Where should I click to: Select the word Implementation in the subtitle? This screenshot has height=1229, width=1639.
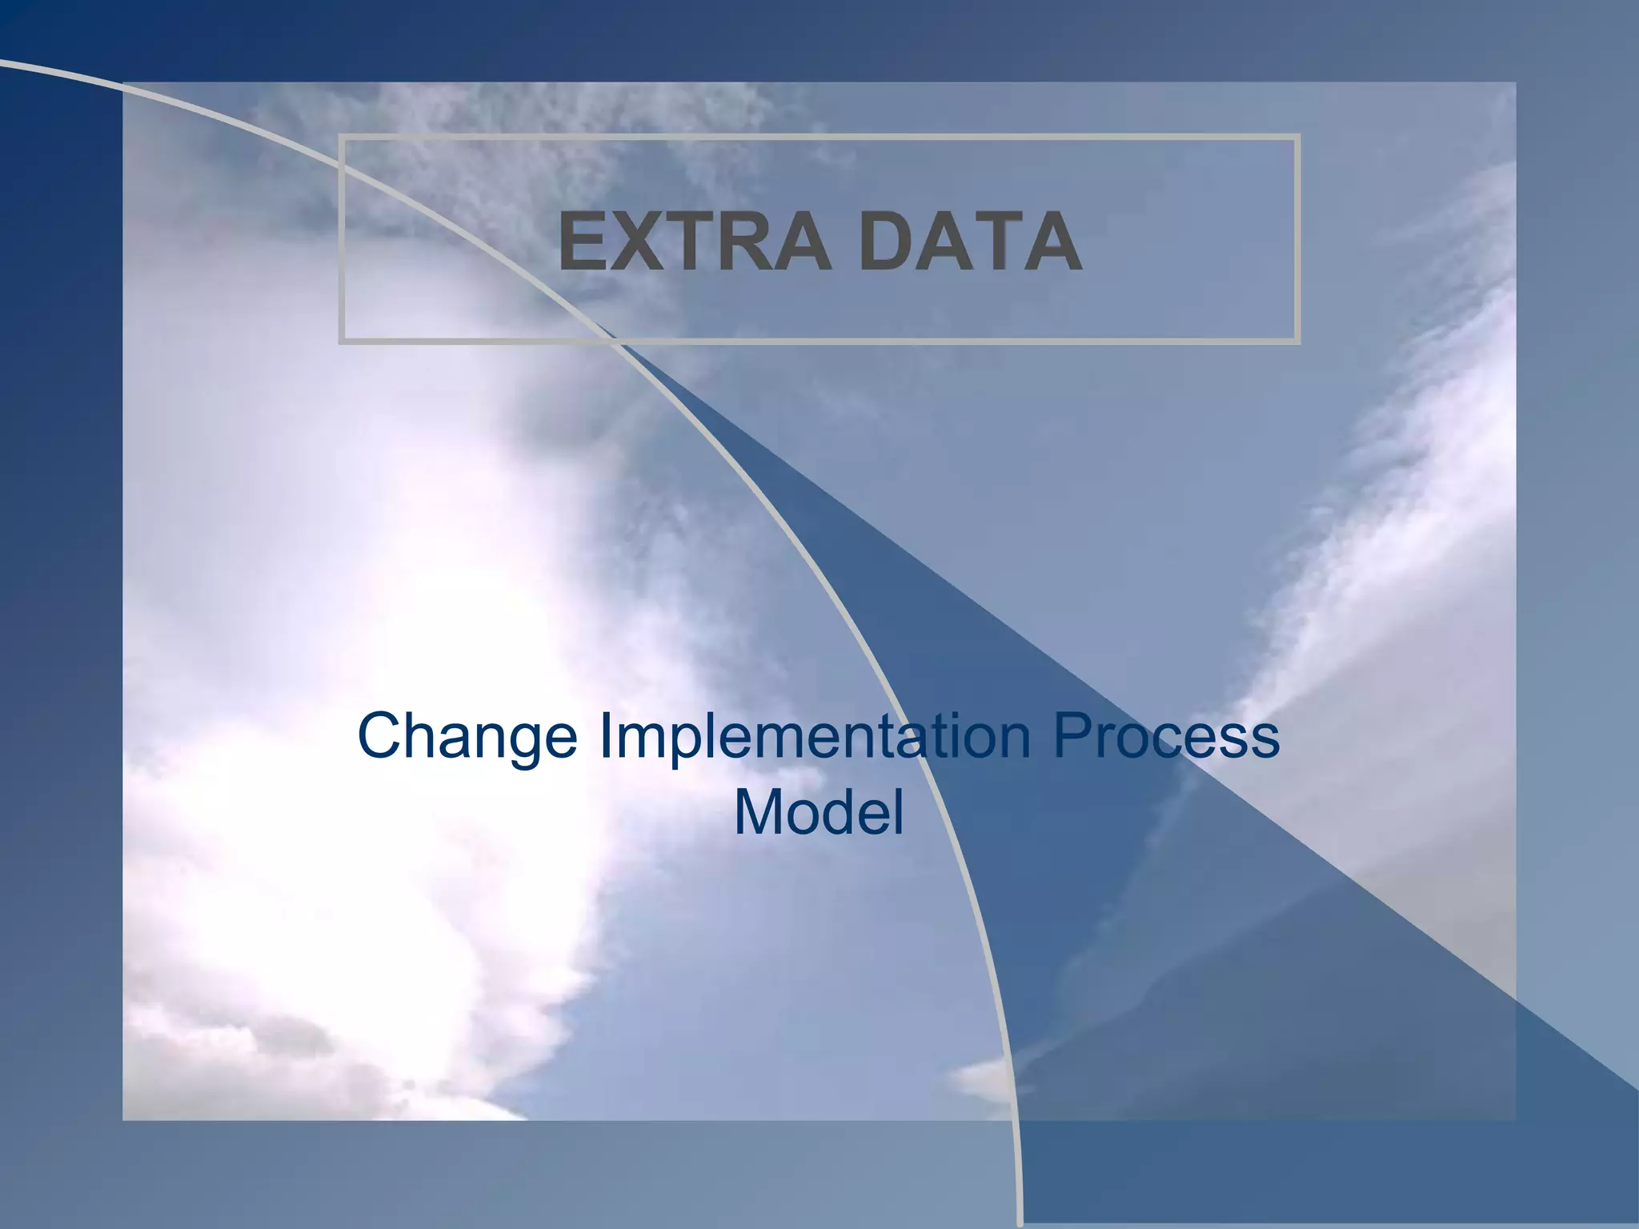[815, 736]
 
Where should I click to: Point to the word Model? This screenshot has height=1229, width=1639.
[819, 812]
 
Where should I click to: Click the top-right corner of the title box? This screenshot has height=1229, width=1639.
[1298, 137]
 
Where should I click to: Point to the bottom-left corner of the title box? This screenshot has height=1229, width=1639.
[341, 342]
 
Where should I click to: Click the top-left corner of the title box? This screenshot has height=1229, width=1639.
[341, 137]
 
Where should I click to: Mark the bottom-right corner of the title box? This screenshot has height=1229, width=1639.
[1298, 342]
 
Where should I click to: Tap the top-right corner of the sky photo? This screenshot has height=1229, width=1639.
[1514, 83]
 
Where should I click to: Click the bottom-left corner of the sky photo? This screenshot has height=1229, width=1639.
[123, 1119]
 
